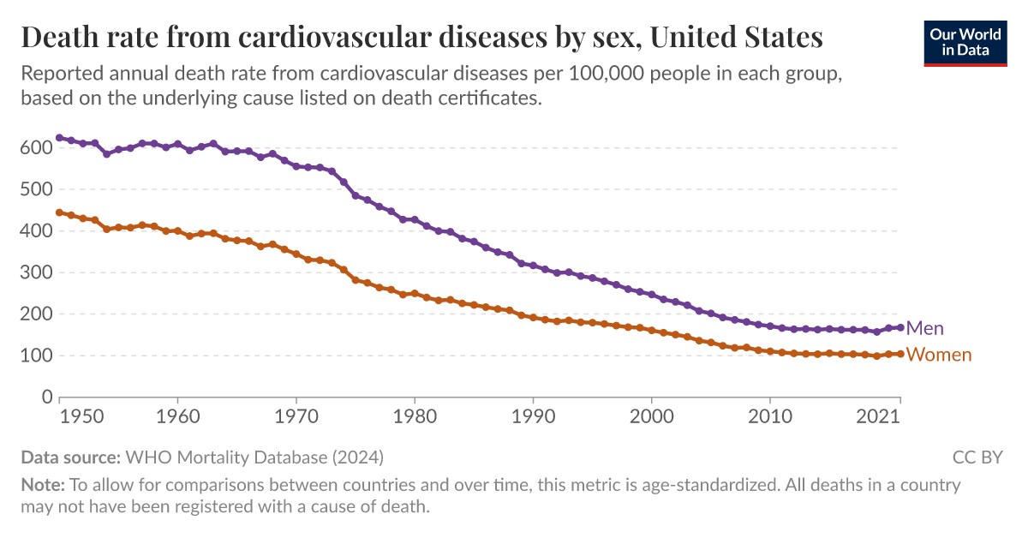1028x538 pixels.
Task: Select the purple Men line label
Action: tap(924, 328)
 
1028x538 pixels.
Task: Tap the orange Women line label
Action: tap(938, 355)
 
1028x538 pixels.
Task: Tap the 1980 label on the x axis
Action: tap(415, 417)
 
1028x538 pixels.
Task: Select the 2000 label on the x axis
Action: tap(652, 417)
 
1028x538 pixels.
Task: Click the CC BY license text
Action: tap(977, 457)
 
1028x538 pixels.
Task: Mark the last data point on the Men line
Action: tap(900, 327)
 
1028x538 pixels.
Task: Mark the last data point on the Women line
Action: tap(900, 354)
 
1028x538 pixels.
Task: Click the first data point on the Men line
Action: tap(59, 138)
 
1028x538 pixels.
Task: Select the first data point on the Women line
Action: tap(59, 212)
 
